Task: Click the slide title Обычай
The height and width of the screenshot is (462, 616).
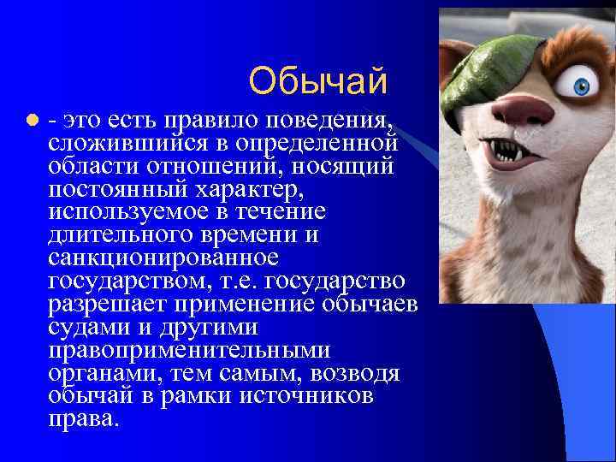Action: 318,81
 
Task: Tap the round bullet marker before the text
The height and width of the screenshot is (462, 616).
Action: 31,119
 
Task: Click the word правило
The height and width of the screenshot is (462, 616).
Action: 221,118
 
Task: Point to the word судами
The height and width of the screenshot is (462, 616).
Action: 86,328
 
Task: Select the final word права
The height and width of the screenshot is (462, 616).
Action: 85,420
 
